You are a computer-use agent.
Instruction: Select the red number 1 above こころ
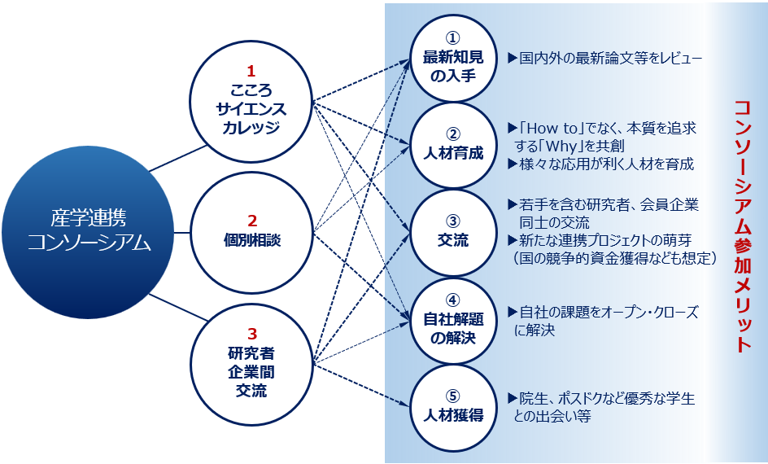tap(251, 72)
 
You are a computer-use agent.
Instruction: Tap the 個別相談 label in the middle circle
tap(251, 240)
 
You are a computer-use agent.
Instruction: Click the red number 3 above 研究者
tap(251, 334)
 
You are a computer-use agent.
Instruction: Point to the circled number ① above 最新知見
tap(453, 38)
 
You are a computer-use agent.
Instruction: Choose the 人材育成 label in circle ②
tap(453, 153)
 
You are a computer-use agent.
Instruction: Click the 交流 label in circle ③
tap(453, 240)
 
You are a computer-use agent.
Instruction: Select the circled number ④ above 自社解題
tap(453, 300)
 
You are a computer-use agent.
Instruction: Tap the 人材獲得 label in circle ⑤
tap(453, 415)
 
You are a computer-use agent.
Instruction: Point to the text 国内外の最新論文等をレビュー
tap(611, 58)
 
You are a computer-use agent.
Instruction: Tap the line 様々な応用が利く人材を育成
tap(606, 164)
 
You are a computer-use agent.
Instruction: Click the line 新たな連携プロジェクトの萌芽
tap(605, 240)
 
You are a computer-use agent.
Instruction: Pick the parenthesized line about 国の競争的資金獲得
tap(615, 258)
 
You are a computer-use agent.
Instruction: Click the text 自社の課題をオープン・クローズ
tap(609, 312)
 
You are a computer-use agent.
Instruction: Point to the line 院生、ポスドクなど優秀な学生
tap(607, 398)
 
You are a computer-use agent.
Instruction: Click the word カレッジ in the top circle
tap(251, 127)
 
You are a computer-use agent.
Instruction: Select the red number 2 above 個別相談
tap(251, 221)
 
